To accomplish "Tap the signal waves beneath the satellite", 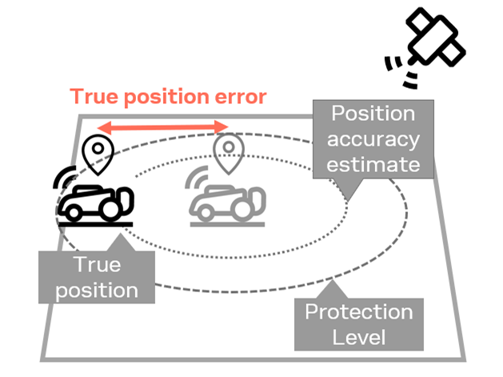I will (x=399, y=71).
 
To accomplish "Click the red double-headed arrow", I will (x=163, y=126).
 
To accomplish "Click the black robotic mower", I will (x=96, y=198).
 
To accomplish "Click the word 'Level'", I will (x=357, y=338).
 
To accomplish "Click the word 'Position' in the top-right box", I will (x=373, y=113).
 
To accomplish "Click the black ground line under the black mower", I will (x=95, y=225).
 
